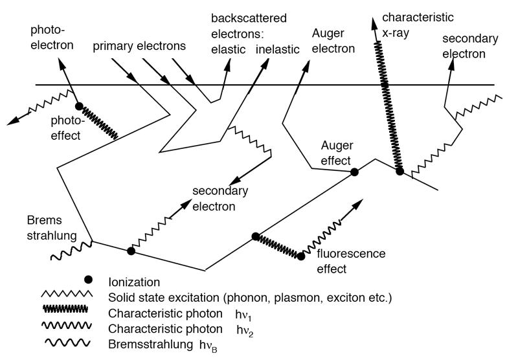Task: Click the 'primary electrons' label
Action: [139, 47]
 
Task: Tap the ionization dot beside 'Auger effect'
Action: [354, 172]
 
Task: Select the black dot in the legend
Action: [88, 280]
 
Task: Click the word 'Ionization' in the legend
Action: [134, 282]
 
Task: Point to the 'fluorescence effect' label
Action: [351, 261]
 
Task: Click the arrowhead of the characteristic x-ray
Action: [374, 24]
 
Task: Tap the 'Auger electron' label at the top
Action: [333, 41]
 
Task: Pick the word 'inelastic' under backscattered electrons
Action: [278, 50]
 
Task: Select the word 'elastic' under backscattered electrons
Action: [229, 50]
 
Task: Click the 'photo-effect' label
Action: [66, 128]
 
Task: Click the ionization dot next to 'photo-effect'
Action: [79, 106]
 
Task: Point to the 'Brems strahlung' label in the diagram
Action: [52, 228]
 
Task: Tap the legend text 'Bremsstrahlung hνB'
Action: [163, 346]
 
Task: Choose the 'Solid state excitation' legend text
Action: [250, 298]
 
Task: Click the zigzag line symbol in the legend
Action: [67, 293]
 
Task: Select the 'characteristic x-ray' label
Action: [418, 25]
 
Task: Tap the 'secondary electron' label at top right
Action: [470, 46]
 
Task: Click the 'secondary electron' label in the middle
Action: [220, 199]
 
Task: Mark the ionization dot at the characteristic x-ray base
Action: [400, 172]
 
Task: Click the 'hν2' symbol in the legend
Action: [245, 331]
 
